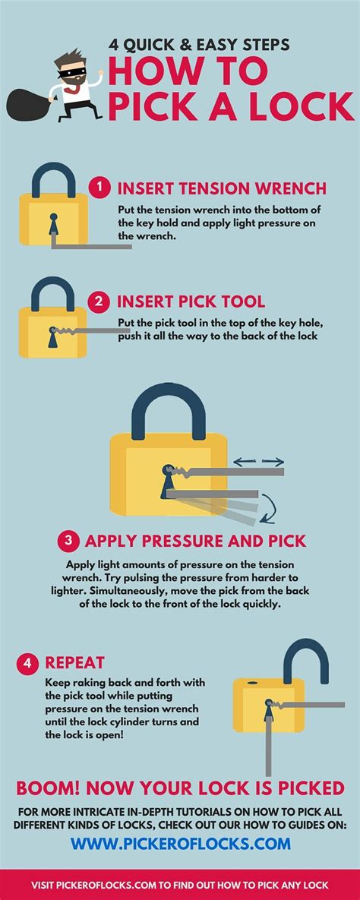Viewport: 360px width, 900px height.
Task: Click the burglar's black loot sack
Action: click(x=27, y=104)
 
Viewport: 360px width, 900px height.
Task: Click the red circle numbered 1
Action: click(x=99, y=188)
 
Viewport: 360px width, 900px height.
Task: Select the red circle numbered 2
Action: click(x=99, y=302)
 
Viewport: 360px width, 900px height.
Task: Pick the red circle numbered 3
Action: click(x=68, y=540)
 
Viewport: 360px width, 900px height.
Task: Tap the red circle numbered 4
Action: click(x=27, y=662)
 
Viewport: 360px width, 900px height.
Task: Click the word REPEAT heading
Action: click(x=74, y=663)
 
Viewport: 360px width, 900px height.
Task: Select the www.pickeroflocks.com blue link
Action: click(x=181, y=843)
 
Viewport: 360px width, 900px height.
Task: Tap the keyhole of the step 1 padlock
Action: click(x=53, y=224)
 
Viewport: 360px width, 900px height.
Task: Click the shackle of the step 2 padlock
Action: click(x=53, y=292)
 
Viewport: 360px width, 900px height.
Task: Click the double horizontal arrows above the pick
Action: click(x=257, y=461)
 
